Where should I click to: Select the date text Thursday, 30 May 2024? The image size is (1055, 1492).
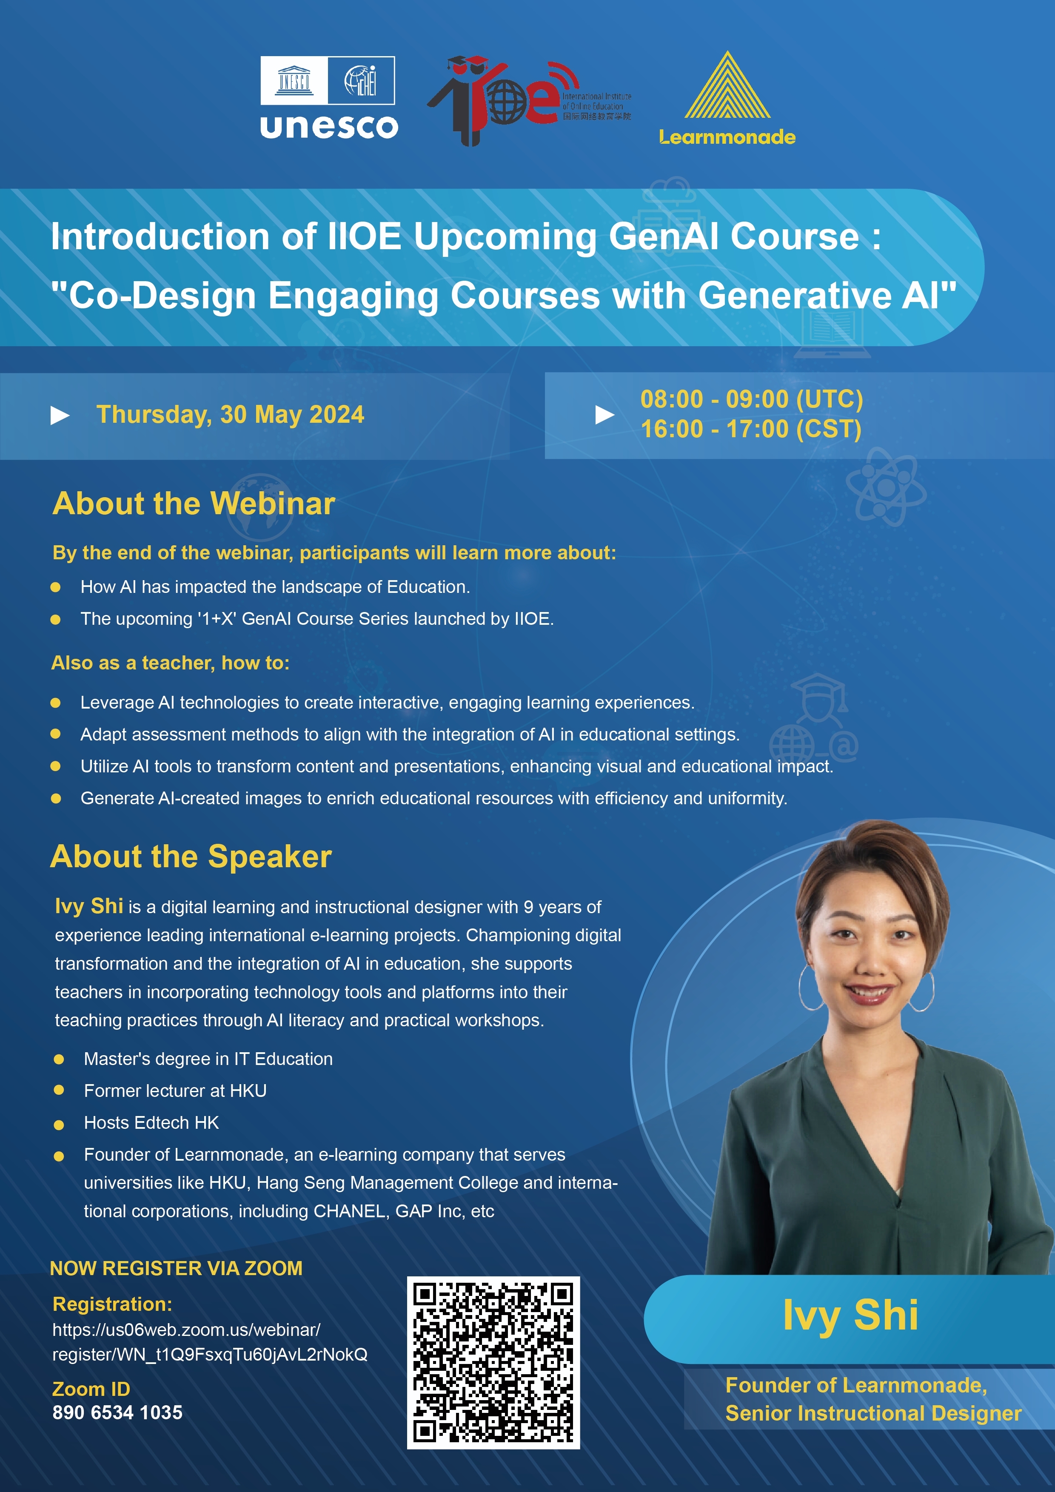click(230, 415)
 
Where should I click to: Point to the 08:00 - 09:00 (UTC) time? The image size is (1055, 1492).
click(751, 399)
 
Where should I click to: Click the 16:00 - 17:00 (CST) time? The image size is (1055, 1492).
click(751, 429)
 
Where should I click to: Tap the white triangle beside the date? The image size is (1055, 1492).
click(60, 415)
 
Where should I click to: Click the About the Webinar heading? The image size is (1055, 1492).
click(194, 504)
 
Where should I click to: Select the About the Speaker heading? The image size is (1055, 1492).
click(191, 857)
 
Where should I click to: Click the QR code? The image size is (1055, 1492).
click(493, 1363)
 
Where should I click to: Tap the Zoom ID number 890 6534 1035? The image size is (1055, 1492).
click(118, 1412)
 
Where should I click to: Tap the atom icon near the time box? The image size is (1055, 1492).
click(886, 487)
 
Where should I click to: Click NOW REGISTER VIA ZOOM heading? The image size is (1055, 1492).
click(176, 1268)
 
